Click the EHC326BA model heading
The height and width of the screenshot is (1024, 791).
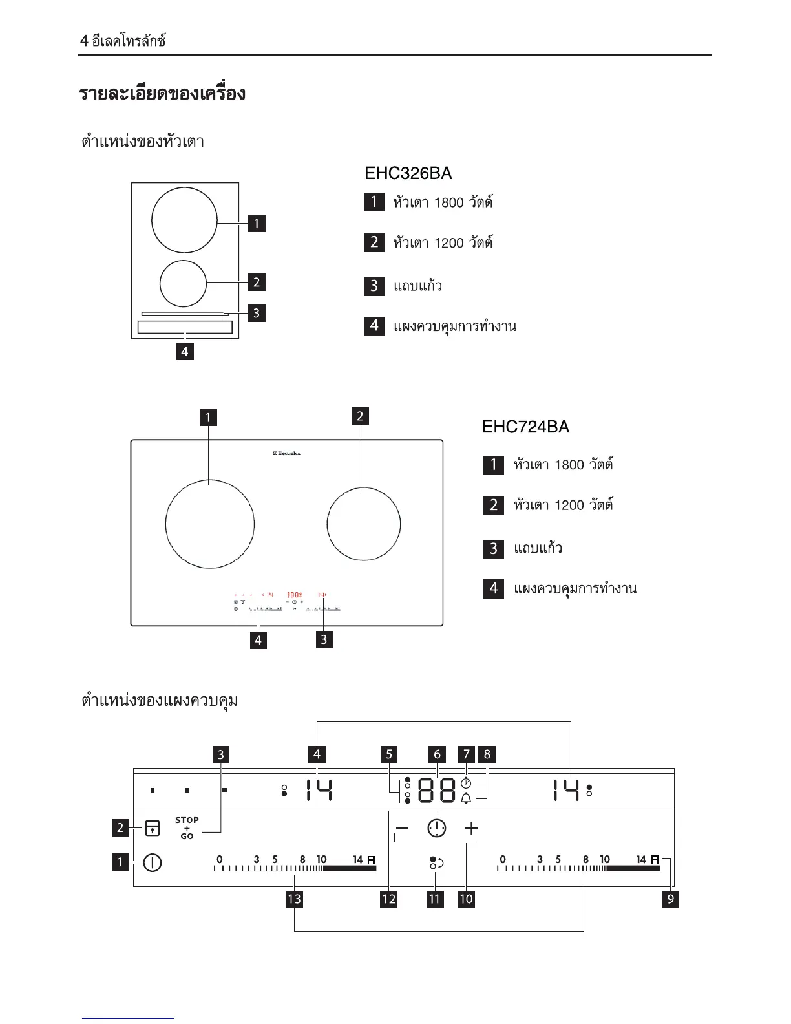click(x=408, y=173)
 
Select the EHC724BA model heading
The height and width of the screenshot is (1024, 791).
click(x=525, y=427)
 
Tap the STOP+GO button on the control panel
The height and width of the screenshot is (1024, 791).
click(x=187, y=828)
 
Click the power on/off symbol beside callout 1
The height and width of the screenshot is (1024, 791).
click(x=153, y=862)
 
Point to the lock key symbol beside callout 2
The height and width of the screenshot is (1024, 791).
click(x=153, y=827)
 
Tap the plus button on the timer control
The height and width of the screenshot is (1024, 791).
click(x=471, y=828)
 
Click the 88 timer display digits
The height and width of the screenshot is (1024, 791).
click(x=437, y=789)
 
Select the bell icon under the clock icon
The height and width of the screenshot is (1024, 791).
click(x=466, y=798)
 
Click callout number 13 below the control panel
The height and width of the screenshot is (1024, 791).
click(x=294, y=899)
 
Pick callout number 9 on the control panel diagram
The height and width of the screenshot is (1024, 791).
click(x=671, y=899)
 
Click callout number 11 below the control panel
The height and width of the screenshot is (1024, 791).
click(x=435, y=899)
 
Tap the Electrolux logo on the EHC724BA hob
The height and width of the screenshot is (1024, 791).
click(x=286, y=454)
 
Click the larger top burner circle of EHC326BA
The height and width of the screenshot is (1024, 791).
click(x=184, y=220)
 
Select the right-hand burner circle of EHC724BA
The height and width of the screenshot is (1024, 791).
click(x=363, y=524)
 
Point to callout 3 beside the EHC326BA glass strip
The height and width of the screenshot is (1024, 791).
click(x=257, y=313)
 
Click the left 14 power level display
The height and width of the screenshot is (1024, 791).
click(x=319, y=790)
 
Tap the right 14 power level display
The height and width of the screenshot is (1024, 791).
click(x=565, y=790)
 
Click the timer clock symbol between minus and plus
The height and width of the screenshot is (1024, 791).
click(x=437, y=828)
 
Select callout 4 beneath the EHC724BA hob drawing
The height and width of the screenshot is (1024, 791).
click(x=258, y=640)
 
